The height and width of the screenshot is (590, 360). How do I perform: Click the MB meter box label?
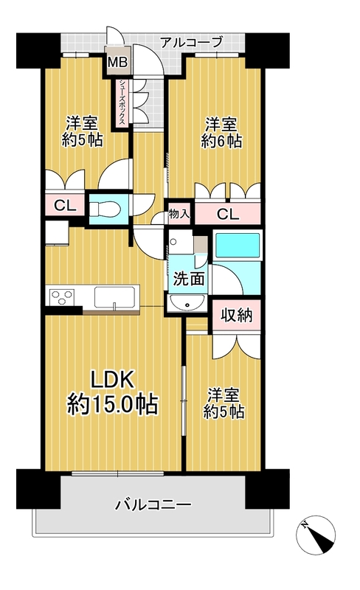point(118,62)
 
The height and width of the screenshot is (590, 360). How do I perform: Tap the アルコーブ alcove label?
point(192,42)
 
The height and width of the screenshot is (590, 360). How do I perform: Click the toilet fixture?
point(104,209)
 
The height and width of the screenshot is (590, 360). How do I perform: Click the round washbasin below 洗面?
point(187,303)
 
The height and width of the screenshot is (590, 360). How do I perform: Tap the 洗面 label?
point(189,279)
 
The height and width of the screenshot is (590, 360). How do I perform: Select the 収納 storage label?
point(237,315)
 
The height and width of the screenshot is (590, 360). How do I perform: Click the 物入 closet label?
point(179,214)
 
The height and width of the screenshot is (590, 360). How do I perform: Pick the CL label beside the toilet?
point(65,206)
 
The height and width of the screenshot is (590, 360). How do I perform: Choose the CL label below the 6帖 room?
point(227,214)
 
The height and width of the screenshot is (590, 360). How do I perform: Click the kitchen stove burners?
point(60,297)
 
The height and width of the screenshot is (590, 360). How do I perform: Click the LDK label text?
point(112,381)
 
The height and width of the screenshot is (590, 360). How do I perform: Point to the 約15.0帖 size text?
point(112,405)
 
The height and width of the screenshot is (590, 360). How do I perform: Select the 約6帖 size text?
point(222,141)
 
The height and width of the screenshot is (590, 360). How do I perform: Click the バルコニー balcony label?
point(153,504)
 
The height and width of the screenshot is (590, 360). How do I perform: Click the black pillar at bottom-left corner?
point(38,488)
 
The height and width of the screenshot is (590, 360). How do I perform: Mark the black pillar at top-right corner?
point(267,51)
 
